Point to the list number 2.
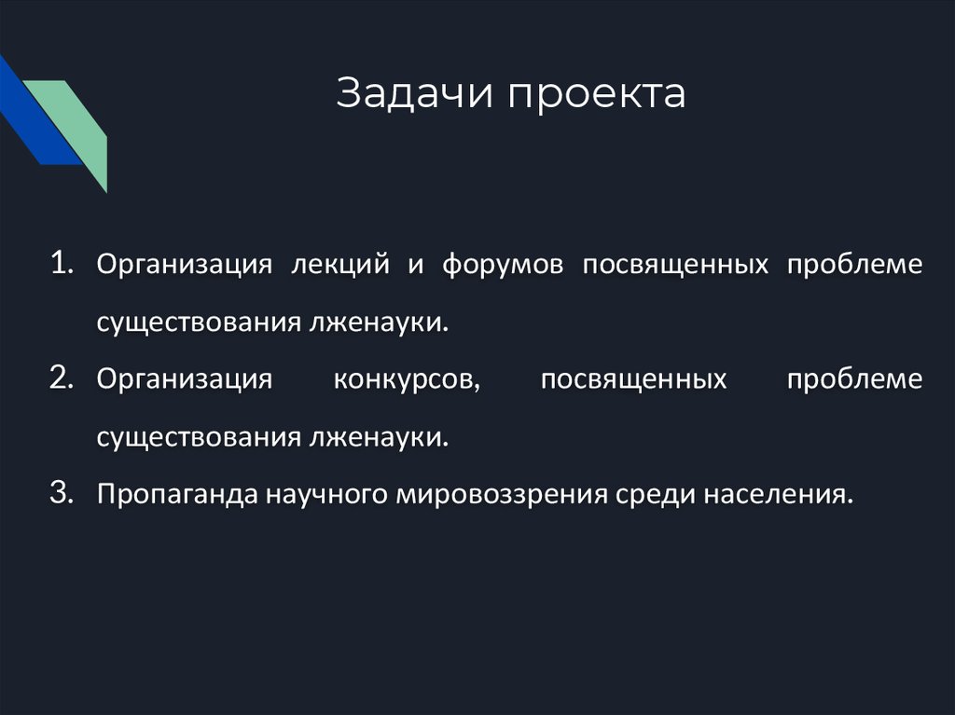tap(63, 378)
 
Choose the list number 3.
tap(63, 494)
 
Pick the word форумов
tap(503, 265)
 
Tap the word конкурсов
tap(407, 380)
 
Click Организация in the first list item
tap(184, 265)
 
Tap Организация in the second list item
tap(184, 380)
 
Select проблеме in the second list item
tap(854, 380)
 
